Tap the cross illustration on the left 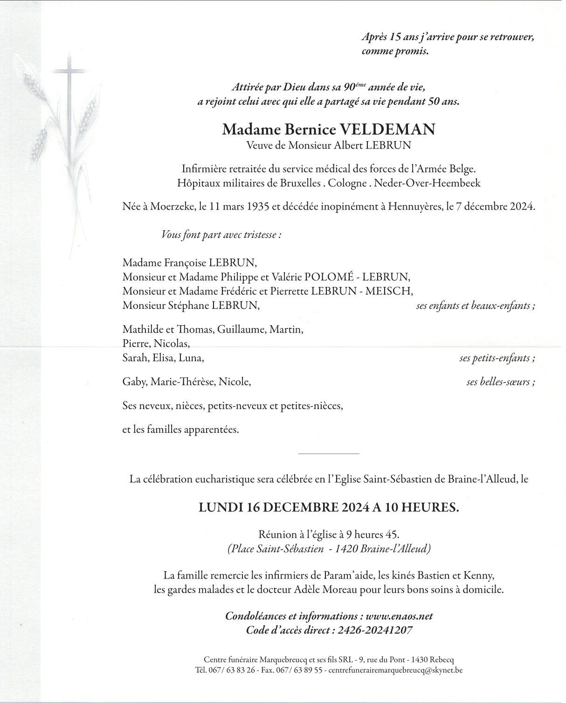(70, 93)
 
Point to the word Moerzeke (169, 206)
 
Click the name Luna (194, 358)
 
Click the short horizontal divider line (328, 453)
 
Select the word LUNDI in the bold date (219, 508)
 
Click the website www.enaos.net (399, 616)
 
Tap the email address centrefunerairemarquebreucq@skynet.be (395, 670)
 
